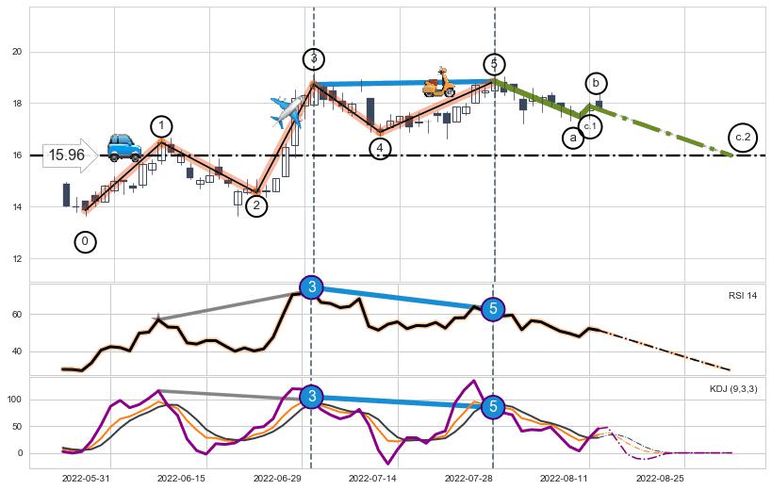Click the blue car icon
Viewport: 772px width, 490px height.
[123, 147]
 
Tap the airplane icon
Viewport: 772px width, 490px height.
[287, 111]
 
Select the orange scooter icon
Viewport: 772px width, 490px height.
[438, 83]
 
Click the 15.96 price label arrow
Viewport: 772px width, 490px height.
[69, 155]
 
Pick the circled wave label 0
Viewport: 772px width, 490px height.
[85, 242]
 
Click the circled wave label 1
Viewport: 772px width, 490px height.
[161, 127]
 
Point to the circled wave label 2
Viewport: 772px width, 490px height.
[257, 204]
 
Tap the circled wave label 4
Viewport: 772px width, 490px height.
[380, 148]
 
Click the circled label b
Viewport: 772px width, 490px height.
[596, 83]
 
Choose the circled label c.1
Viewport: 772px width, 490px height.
[590, 125]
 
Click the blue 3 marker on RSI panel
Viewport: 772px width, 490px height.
[312, 286]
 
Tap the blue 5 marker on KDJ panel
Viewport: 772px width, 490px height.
[493, 406]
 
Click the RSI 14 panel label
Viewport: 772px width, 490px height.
[742, 296]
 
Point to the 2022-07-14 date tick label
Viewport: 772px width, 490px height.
[373, 479]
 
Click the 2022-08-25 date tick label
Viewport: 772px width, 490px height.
[660, 479]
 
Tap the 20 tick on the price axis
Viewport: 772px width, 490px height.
[16, 52]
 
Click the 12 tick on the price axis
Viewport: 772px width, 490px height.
[16, 258]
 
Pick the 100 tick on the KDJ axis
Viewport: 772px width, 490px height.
[13, 400]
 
